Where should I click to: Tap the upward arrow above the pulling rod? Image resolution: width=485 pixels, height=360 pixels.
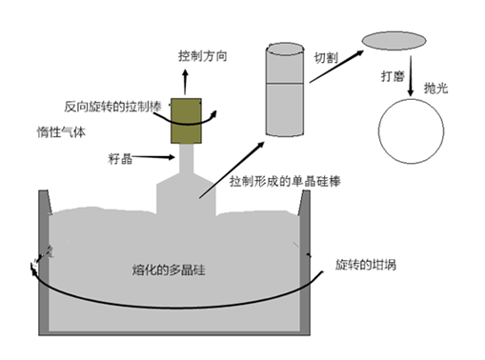click(186, 79)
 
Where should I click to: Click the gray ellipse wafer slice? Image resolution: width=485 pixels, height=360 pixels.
click(394, 40)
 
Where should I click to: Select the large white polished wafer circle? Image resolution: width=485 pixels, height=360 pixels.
click(412, 131)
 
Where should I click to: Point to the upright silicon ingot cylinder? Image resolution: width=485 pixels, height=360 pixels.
click(287, 88)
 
